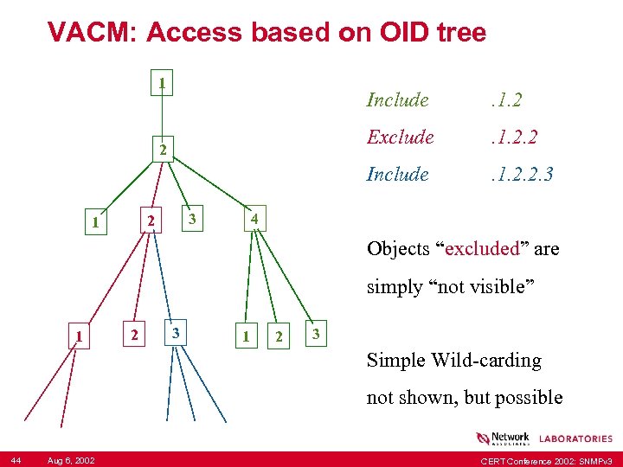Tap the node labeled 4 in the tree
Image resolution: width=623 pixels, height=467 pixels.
[x=254, y=220]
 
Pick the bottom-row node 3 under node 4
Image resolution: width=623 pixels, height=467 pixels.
[x=316, y=334]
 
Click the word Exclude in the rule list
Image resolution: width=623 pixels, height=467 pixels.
[x=400, y=137]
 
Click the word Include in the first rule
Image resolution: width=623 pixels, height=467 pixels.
[x=397, y=99]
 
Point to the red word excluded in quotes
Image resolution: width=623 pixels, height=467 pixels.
[x=483, y=249]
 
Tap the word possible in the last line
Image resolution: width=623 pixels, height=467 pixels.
[x=529, y=397]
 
